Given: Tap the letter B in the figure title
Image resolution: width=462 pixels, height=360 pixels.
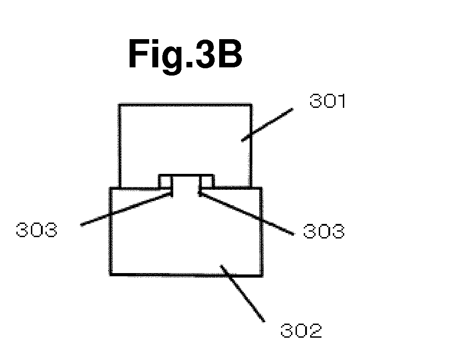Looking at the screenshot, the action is pyautogui.click(x=229, y=54).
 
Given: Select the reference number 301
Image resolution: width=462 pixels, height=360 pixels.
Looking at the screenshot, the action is pyautogui.click(x=327, y=101).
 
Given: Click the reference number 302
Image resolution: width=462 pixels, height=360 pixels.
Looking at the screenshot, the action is pyautogui.click(x=301, y=330).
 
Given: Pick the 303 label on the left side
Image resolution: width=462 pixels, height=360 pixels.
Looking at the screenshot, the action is pyautogui.click(x=36, y=229).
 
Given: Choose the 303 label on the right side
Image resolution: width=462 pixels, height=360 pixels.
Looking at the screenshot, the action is pyautogui.click(x=323, y=231).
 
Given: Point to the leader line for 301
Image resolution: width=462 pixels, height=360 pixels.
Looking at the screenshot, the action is pyautogui.click(x=267, y=125).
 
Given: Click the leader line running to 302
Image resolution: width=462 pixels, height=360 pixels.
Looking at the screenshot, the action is pyautogui.click(x=242, y=294).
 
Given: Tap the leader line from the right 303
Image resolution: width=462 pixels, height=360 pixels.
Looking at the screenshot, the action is pyautogui.click(x=246, y=213).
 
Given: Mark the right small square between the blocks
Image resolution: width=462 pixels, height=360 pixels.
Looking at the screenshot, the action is pyautogui.click(x=207, y=181).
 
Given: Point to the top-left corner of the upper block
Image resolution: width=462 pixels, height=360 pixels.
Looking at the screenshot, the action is pyautogui.click(x=119, y=104).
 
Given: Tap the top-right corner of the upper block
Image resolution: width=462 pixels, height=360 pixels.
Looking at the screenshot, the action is pyautogui.click(x=251, y=104).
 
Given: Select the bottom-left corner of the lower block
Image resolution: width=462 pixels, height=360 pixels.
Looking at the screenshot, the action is pyautogui.click(x=110, y=275).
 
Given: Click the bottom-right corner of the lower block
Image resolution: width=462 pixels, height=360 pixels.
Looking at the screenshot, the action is pyautogui.click(x=262, y=275).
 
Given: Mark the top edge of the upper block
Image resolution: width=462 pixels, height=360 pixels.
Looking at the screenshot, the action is pyautogui.click(x=185, y=104).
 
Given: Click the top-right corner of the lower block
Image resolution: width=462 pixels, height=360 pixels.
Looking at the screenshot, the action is pyautogui.click(x=261, y=188).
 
